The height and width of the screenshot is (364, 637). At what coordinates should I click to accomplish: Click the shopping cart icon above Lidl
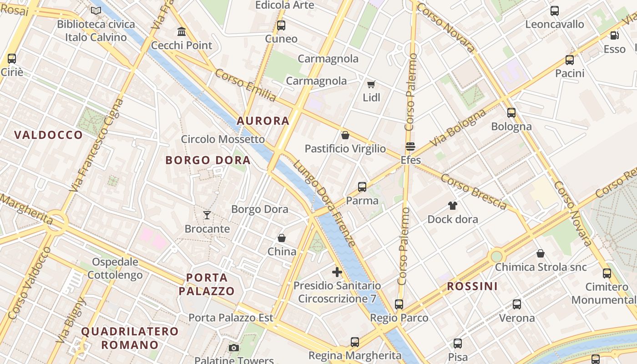click(x=371, y=84)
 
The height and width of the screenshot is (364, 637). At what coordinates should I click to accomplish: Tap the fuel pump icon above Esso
click(x=614, y=35)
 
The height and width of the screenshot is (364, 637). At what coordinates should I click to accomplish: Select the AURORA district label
click(x=263, y=121)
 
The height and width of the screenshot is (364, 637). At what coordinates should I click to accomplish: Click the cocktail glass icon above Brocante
click(x=207, y=215)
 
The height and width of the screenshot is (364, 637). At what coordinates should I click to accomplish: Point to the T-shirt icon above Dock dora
click(x=452, y=205)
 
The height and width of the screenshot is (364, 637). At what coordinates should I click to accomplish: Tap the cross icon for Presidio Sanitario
click(x=337, y=272)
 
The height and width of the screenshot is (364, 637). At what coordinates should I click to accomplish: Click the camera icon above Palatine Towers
click(x=234, y=348)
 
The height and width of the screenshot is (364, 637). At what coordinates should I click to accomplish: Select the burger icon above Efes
click(x=410, y=147)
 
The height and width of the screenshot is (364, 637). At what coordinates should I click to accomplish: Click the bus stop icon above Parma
click(x=362, y=187)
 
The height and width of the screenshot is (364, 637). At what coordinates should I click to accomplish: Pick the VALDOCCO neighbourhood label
click(x=48, y=135)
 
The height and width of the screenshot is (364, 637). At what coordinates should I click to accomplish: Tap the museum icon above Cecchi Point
click(x=182, y=32)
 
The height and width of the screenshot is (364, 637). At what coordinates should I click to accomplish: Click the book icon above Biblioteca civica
click(x=96, y=10)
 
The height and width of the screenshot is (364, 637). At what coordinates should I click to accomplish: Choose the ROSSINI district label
click(x=472, y=286)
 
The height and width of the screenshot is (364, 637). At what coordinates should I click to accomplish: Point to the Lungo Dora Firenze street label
click(x=324, y=203)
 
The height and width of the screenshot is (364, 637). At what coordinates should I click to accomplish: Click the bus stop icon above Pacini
click(x=570, y=60)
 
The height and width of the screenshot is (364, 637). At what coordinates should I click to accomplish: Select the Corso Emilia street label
click(x=246, y=85)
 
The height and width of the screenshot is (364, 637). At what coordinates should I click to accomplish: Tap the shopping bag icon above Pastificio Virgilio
click(x=345, y=135)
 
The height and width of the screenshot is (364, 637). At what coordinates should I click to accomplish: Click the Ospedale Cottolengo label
click(x=115, y=268)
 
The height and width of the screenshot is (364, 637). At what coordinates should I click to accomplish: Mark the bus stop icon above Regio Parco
click(x=399, y=304)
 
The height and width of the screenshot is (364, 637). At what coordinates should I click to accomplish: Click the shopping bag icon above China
click(x=282, y=238)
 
